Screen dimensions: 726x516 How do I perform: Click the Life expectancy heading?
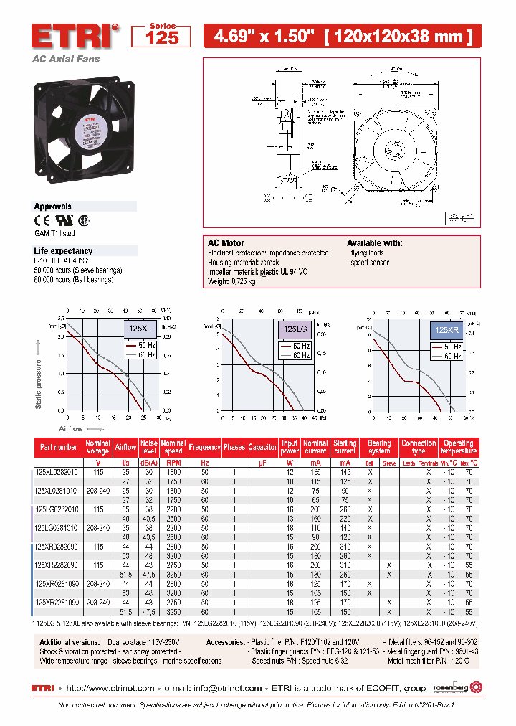[x=63, y=251]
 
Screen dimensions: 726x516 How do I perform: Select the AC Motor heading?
[x=226, y=243]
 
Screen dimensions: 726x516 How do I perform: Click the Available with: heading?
[x=374, y=243]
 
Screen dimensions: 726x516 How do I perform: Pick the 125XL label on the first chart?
[x=140, y=329]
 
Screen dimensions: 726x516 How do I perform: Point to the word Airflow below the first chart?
[x=71, y=428]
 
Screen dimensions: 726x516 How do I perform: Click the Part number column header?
[x=59, y=447]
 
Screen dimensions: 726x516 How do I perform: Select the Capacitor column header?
[x=262, y=447]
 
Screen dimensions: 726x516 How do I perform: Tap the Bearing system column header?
[x=380, y=447]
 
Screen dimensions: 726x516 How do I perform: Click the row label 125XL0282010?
[x=57, y=473]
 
